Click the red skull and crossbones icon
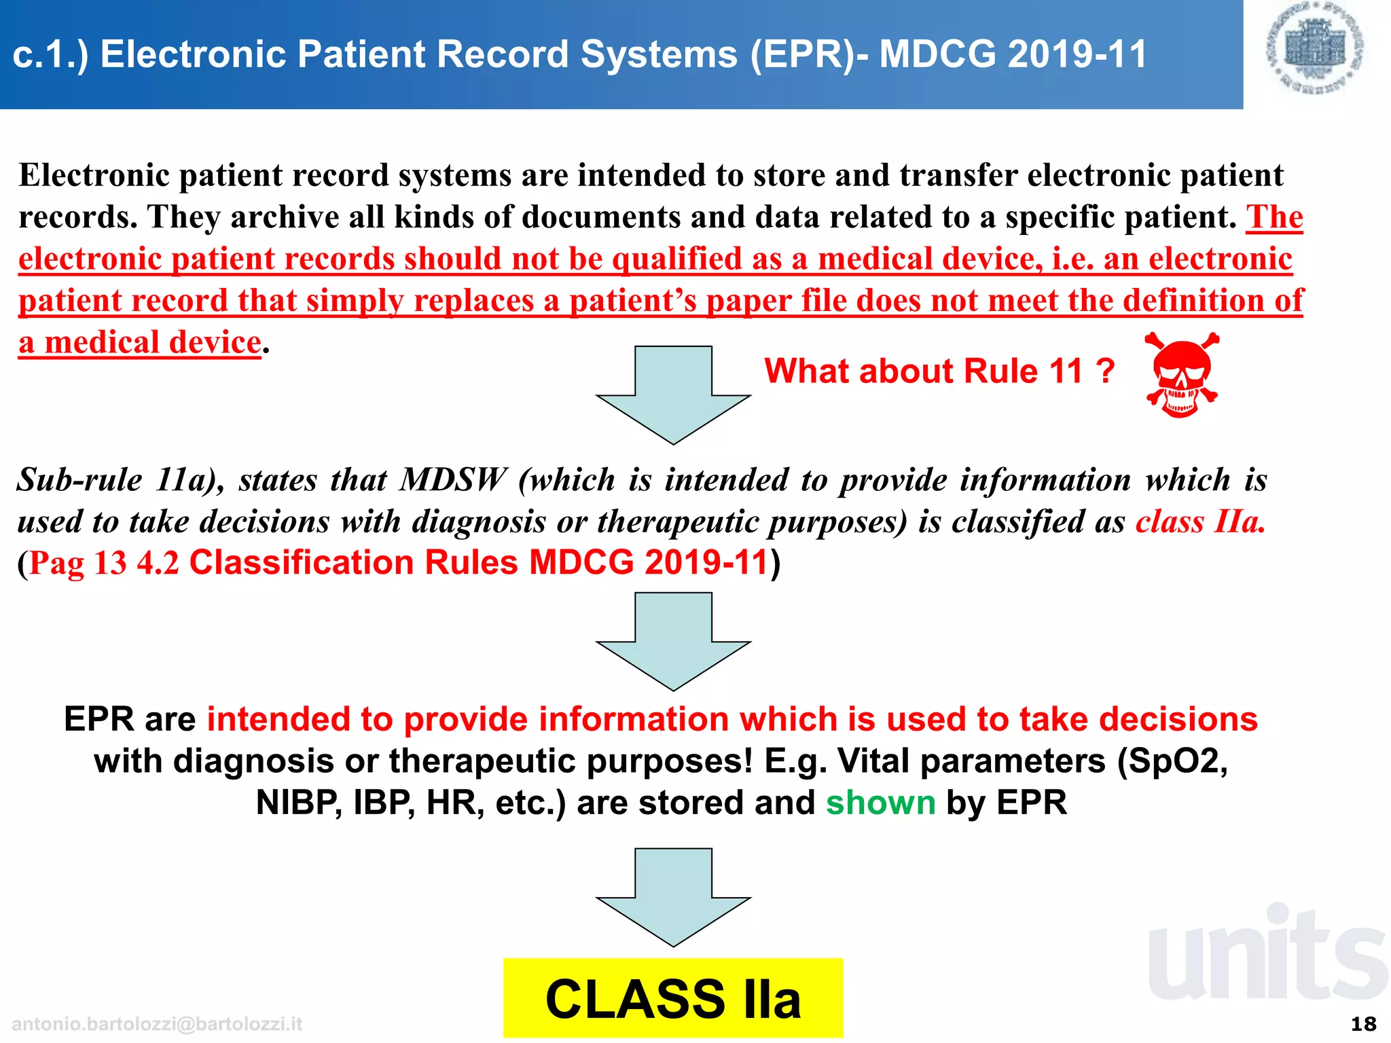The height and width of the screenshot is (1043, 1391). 1181,375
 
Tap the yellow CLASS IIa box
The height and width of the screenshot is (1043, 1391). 672,998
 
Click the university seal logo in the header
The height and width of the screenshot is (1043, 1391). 1316,49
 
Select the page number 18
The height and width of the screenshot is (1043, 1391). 1363,1023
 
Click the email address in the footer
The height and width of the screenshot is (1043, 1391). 157,1024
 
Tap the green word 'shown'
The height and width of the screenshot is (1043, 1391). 880,803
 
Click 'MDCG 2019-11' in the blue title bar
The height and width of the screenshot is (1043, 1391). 1013,54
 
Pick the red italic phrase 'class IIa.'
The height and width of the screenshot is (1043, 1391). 1200,521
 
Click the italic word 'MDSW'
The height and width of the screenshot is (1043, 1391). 452,480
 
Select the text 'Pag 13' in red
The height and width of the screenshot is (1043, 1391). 78,563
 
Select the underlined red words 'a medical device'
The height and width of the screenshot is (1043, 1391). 140,342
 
